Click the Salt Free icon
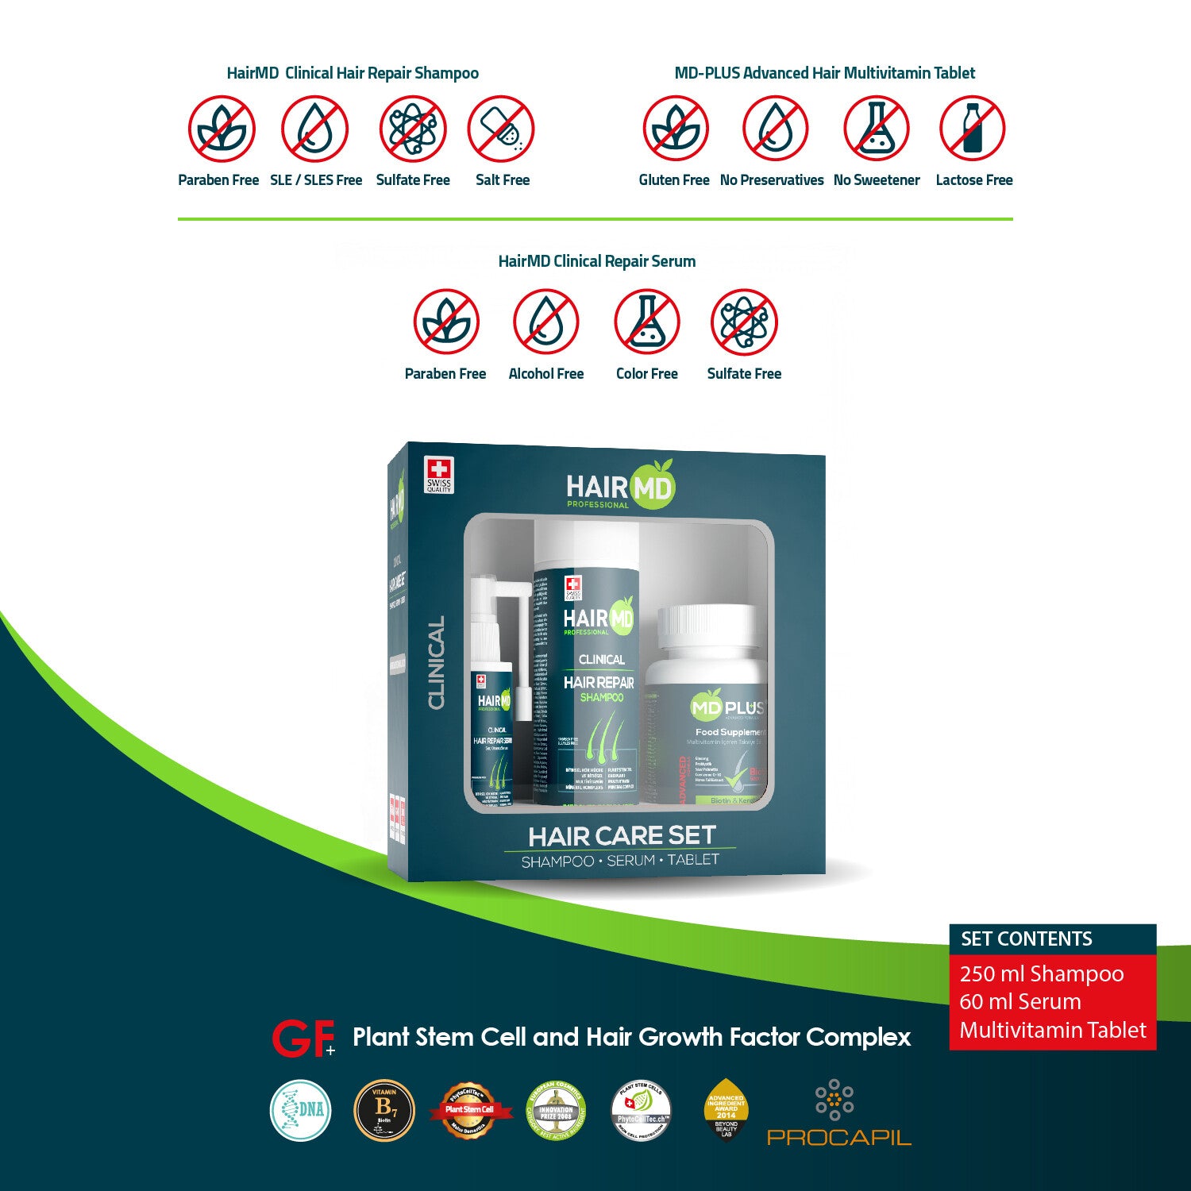pos(501,129)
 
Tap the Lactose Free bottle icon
pos(972,129)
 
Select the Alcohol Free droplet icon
pos(545,322)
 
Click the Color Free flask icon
pos(646,322)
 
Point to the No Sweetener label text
pos(877,180)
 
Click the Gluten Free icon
pos(675,129)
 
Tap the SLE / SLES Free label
pos(316,180)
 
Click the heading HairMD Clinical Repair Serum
pos(596,261)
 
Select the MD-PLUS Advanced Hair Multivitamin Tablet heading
pos(824,73)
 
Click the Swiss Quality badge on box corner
pos(438,475)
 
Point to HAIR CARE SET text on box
pos(622,836)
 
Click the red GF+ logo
pos(303,1038)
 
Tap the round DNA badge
pos(301,1110)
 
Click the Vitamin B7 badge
pos(384,1110)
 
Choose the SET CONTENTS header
pos(1027,939)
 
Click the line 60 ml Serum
pos(1020,1001)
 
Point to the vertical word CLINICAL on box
pos(437,663)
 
